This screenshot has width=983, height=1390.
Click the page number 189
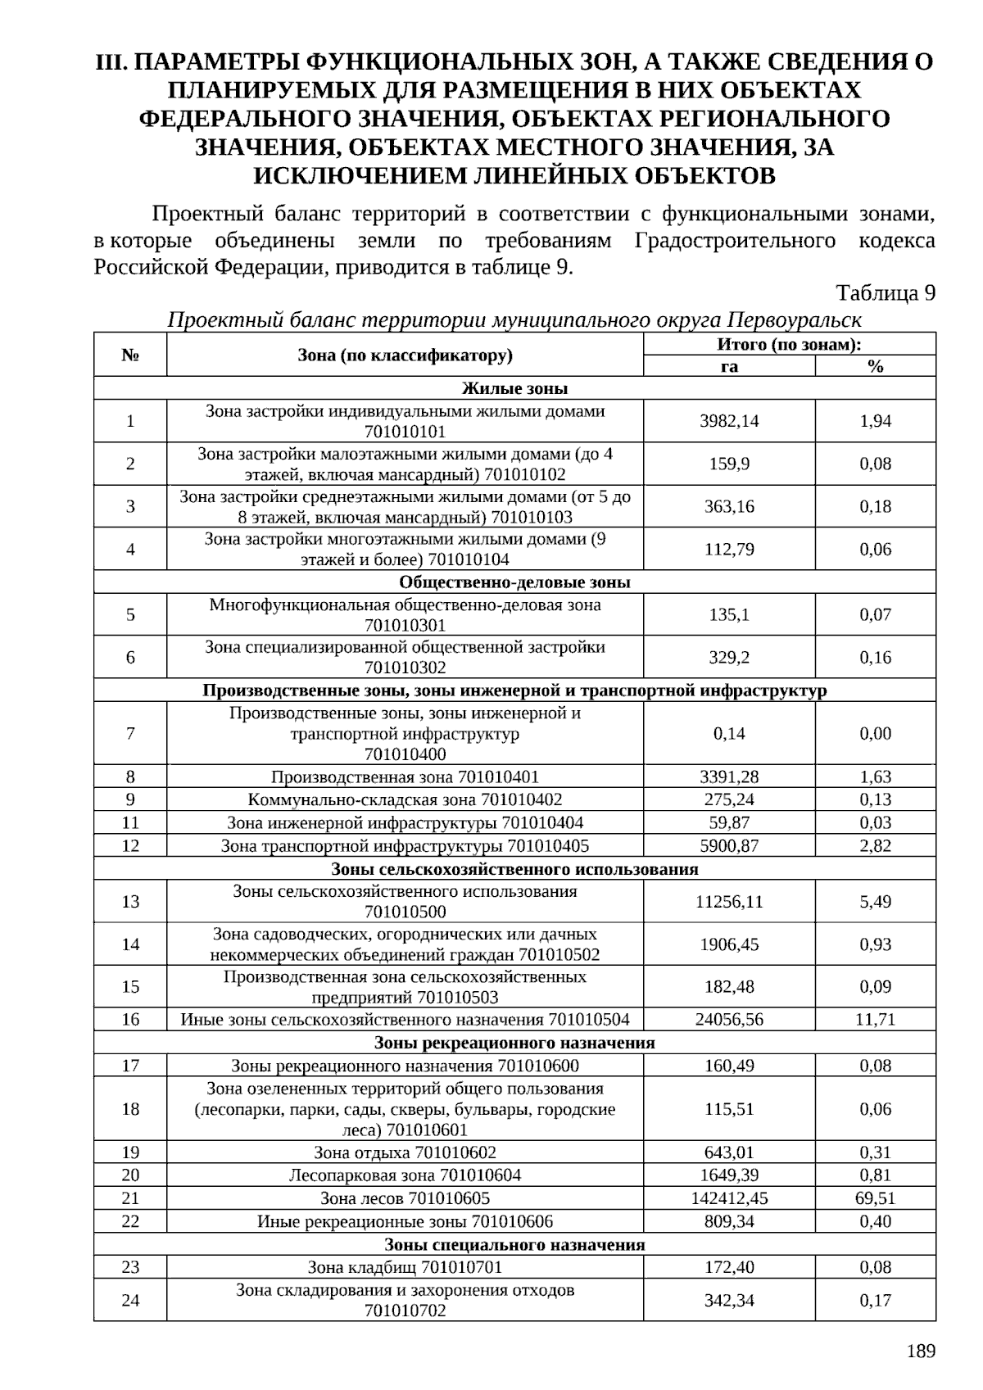coord(921,1352)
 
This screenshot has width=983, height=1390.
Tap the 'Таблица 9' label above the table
coord(886,292)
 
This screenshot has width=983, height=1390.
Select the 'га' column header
coord(729,366)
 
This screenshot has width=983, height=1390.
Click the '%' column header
coord(875,366)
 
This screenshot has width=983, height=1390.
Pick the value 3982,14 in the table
coord(729,421)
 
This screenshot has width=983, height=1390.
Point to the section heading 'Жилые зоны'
coord(514,388)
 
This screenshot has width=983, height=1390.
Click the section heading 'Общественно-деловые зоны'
coord(514,582)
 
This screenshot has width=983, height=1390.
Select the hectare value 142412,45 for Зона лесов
coord(729,1198)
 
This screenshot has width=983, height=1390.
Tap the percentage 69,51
coord(875,1198)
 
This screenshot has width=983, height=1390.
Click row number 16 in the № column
coord(130,1020)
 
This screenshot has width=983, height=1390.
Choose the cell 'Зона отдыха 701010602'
coord(405,1152)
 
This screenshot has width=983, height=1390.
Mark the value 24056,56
coord(729,1020)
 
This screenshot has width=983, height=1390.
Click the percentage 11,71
coord(875,1020)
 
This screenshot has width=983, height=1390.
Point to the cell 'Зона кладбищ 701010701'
coord(405,1267)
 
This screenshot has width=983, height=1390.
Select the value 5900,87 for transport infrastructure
coord(729,846)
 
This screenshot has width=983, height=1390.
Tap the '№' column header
coord(130,355)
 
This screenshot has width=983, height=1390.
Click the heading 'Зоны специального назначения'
coord(514,1245)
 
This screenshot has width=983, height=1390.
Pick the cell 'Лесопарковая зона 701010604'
coord(405,1175)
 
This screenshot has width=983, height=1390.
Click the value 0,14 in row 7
coord(729,734)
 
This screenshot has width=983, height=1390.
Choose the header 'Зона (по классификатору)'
coord(405,355)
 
